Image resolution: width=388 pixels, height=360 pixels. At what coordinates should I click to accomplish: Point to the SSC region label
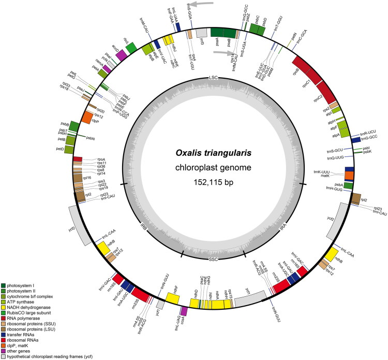[x=213, y=258]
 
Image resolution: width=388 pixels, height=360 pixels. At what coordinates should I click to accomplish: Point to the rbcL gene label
[x=126, y=40]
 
